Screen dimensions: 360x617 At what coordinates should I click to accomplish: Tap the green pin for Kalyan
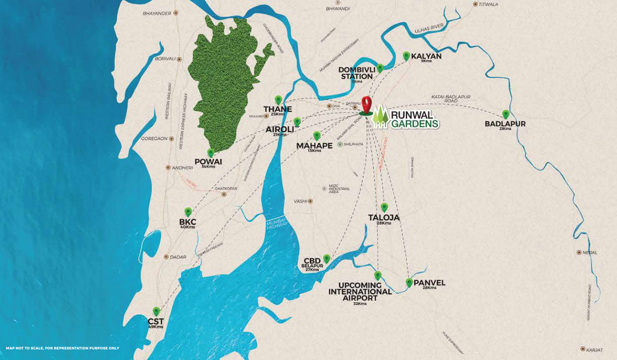coord(406,56)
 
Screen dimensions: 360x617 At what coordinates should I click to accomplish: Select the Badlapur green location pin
coord(506,114)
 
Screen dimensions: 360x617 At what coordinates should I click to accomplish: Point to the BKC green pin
coord(188,212)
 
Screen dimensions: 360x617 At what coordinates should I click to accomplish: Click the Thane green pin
coord(278,100)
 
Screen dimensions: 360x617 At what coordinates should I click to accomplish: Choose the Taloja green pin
coord(384,207)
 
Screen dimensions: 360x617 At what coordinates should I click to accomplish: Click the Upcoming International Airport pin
coord(377,276)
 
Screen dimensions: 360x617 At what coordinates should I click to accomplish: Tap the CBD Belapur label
coord(312,263)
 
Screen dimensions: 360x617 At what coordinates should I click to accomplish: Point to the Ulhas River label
coord(429,29)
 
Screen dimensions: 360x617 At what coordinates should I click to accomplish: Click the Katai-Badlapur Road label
coord(451,98)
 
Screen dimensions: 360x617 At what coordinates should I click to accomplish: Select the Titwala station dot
coord(475,4)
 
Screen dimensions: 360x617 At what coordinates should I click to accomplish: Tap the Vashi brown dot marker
coord(310,201)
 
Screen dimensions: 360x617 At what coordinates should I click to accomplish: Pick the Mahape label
coord(314,145)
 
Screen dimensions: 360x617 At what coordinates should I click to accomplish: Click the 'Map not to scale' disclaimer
coord(62,348)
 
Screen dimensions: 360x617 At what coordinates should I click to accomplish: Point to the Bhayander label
coord(157,13)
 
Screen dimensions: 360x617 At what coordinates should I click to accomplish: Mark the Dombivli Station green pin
coord(380,68)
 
